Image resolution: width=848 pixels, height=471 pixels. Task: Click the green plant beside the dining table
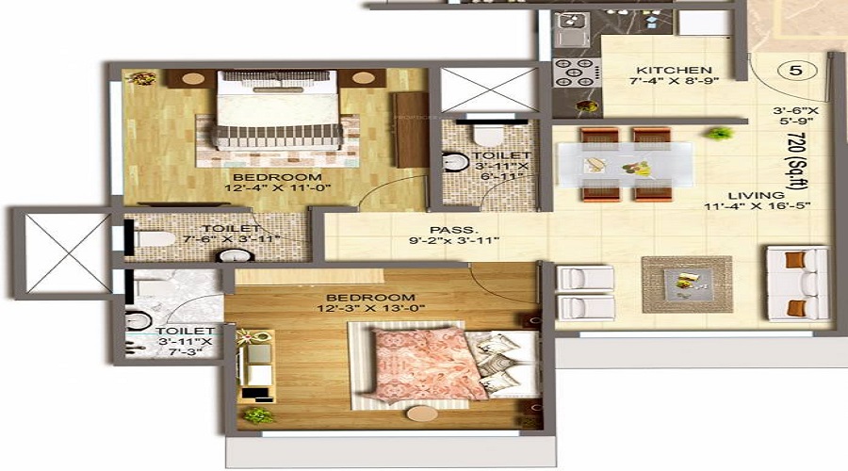tap(721, 134)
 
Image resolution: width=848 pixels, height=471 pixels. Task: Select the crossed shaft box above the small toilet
tap(476, 90)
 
